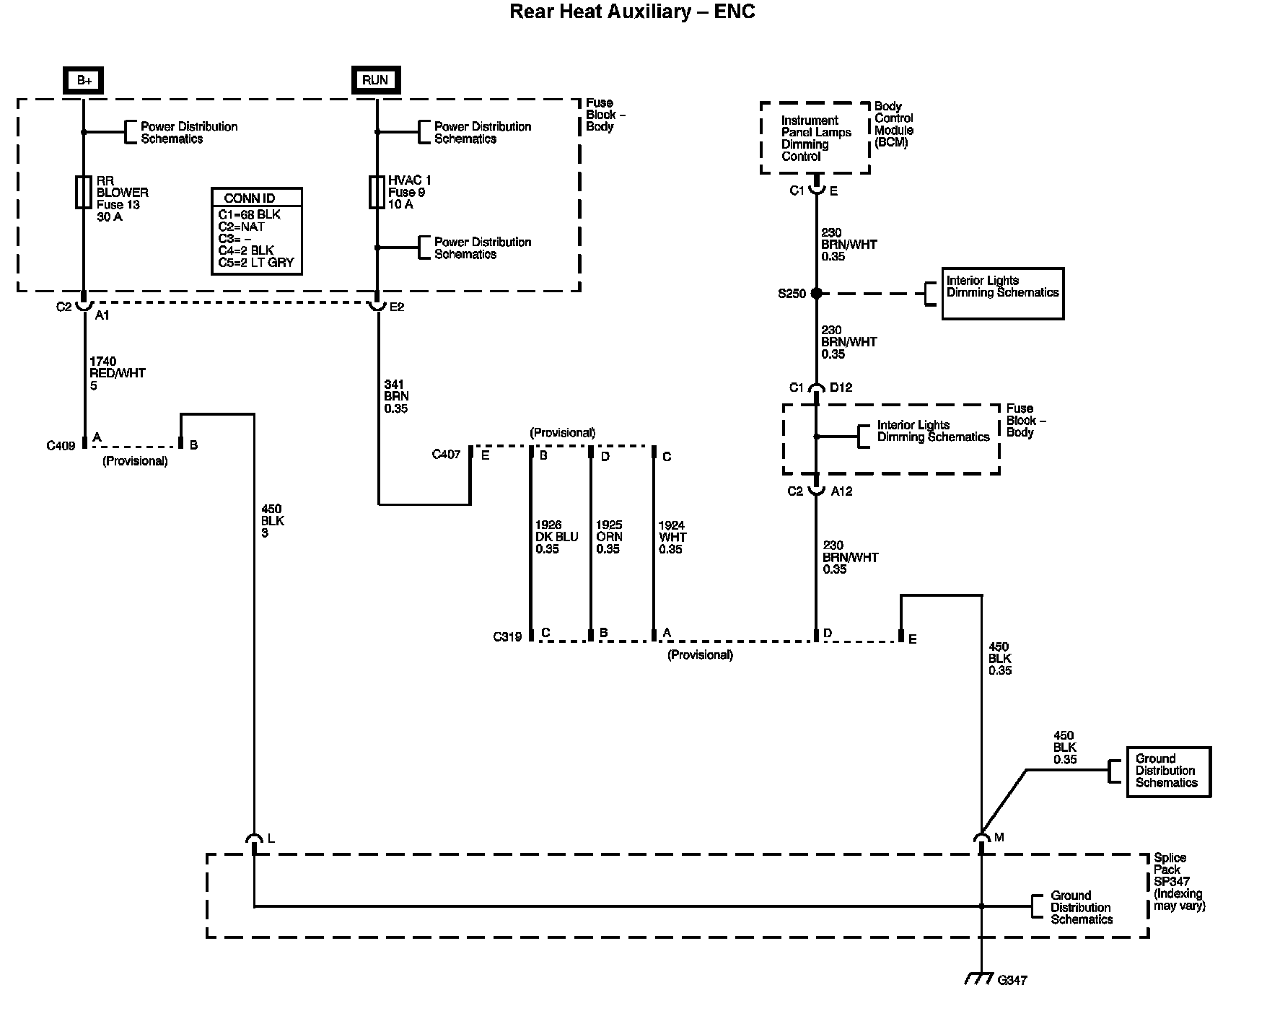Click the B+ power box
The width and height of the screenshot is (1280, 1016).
pyautogui.click(x=84, y=80)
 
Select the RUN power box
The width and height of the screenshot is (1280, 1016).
pyautogui.click(x=375, y=79)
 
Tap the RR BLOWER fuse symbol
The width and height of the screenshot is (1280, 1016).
pyautogui.click(x=83, y=193)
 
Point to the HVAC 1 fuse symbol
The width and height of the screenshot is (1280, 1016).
pyautogui.click(x=377, y=192)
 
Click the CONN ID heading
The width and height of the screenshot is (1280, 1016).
pyautogui.click(x=250, y=198)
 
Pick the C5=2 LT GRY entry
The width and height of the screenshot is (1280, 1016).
pyautogui.click(x=256, y=263)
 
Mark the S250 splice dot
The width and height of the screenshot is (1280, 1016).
pyautogui.click(x=816, y=293)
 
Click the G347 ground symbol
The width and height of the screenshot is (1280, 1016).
pyautogui.click(x=981, y=978)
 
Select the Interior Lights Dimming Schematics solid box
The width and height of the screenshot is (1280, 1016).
pyautogui.click(x=1002, y=293)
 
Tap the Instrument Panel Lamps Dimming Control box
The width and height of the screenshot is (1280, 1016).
pyautogui.click(x=815, y=138)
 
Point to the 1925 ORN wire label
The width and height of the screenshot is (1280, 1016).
pyautogui.click(x=609, y=537)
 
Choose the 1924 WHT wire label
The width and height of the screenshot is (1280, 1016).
pyautogui.click(x=672, y=538)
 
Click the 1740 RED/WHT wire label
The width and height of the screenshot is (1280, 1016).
pyautogui.click(x=117, y=373)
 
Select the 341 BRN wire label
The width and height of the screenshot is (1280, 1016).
pyautogui.click(x=396, y=396)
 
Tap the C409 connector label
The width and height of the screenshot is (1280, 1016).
pyautogui.click(x=61, y=445)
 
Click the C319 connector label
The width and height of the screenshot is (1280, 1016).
pyautogui.click(x=507, y=637)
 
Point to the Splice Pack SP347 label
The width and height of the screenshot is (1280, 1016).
pyautogui.click(x=1179, y=881)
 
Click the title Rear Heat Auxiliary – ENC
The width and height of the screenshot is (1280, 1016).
pyautogui.click(x=632, y=12)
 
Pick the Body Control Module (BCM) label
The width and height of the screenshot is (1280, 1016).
pyautogui.click(x=894, y=124)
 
